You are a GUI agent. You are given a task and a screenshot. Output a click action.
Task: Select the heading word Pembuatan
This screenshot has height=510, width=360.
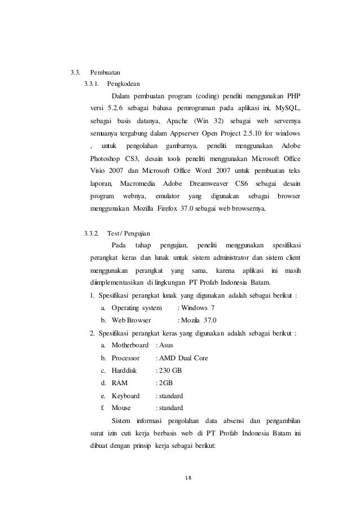coord(105,73)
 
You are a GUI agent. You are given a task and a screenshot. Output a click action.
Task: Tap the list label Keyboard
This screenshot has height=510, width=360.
coord(125,395)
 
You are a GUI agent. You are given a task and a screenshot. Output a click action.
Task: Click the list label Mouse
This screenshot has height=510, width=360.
coord(121,408)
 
